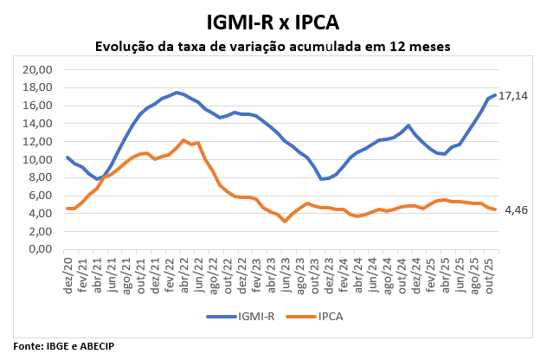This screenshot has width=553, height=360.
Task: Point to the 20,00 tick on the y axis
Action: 37,70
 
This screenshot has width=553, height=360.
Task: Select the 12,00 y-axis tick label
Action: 37,142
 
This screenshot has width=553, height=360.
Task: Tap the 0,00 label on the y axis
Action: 40,250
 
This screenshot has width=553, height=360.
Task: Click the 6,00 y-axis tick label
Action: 40,196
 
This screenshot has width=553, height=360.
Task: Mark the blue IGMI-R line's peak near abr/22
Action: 177,93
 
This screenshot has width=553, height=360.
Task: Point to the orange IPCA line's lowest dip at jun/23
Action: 285,222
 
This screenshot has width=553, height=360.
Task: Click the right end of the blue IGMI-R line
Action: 494,95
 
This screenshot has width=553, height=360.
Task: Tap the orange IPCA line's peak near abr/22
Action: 183,140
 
